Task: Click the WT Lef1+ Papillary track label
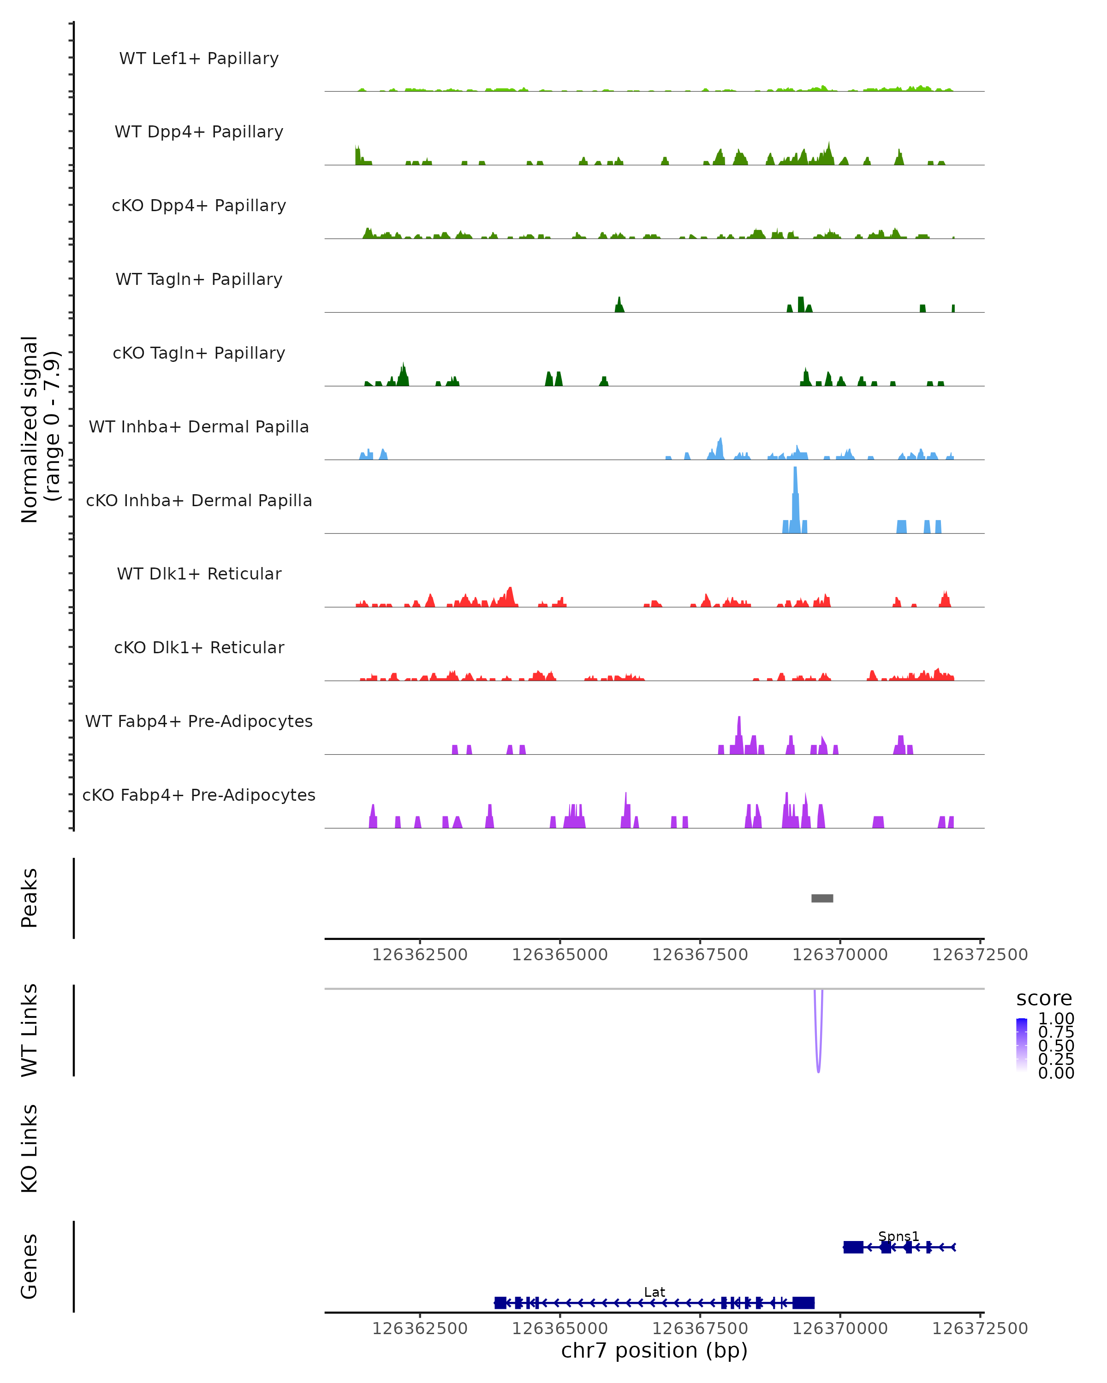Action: [199, 59]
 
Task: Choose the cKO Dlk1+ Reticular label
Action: [199, 647]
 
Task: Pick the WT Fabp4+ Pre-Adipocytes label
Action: [199, 721]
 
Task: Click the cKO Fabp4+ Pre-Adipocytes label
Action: [199, 795]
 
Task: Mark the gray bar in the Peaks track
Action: [822, 898]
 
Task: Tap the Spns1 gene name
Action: [899, 1236]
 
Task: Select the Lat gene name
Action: [655, 1292]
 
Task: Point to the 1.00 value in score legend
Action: [1056, 1019]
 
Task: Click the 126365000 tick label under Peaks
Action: [559, 955]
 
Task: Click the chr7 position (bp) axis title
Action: [655, 1350]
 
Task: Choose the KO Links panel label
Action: [30, 1148]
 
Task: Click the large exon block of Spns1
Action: [853, 1247]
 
